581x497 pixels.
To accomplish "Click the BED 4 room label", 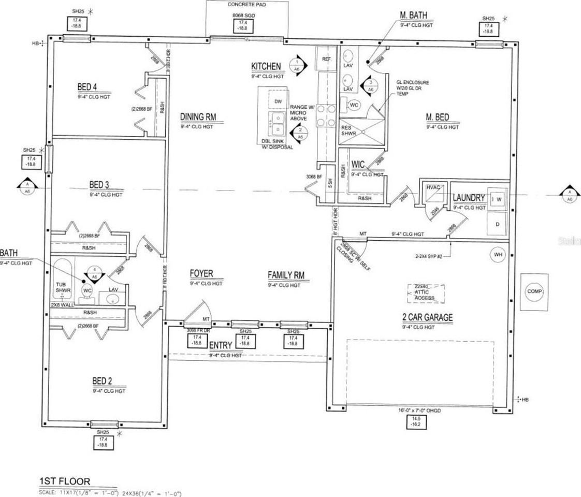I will [86, 86].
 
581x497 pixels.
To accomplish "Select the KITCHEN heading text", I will [266, 66].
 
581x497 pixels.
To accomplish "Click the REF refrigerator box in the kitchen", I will [326, 59].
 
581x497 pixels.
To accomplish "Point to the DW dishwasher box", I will [278, 101].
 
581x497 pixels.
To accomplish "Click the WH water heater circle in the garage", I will [498, 255].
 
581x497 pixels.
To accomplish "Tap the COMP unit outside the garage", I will [534, 291].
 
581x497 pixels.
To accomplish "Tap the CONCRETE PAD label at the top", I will [247, 4].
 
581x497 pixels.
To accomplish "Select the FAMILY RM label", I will [284, 274].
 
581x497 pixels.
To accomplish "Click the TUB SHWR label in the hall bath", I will [63, 288].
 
